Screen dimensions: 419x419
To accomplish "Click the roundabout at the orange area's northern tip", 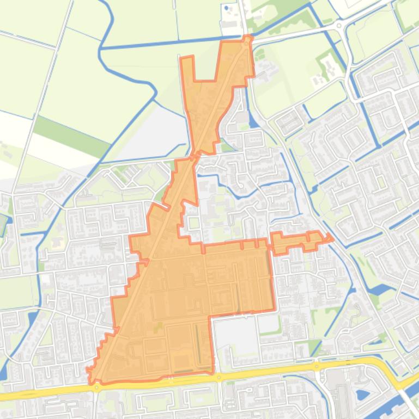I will pyautogui.click(x=248, y=39).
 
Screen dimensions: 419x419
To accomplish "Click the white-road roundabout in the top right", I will pyautogui.click(x=339, y=25).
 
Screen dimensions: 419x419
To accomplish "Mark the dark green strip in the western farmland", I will pyautogui.click(x=71, y=131).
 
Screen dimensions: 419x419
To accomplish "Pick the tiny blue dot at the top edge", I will pyautogui.click(x=226, y=8).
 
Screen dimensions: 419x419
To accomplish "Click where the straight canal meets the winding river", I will pyautogui.click(x=102, y=48).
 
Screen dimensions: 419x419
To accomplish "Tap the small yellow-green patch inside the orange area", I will pyautogui.click(x=159, y=325).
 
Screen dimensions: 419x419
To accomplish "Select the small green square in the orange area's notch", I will pyautogui.click(x=193, y=223).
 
